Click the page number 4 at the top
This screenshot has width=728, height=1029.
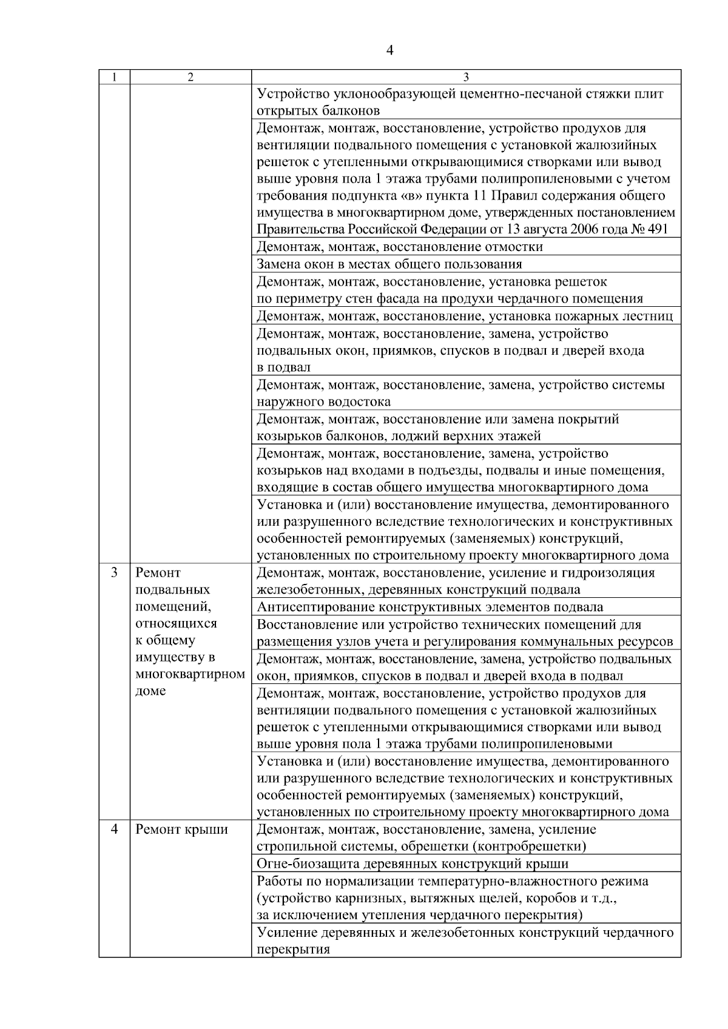tap(389, 51)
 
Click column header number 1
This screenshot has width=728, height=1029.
tap(114, 78)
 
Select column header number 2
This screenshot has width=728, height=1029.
tap(190, 78)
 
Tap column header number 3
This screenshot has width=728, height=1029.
tap(466, 78)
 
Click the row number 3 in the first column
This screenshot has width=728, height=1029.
tap(114, 572)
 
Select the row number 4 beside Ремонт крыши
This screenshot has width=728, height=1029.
tap(114, 830)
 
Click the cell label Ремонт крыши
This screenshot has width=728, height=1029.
tap(182, 830)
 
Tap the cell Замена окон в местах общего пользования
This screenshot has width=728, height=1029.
tap(389, 264)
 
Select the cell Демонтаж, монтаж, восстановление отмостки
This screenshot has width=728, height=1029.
tap(400, 247)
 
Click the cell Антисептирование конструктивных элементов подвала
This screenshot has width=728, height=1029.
tap(430, 607)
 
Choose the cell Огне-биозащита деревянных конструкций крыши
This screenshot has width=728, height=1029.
tap(413, 864)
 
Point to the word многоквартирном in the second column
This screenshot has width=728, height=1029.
tap(190, 674)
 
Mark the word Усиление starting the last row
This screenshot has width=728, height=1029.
tap(282, 933)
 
